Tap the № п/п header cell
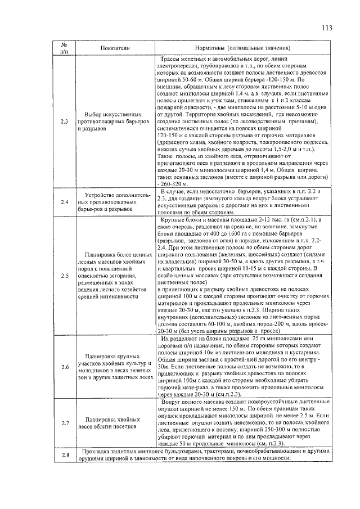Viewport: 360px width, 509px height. tap(64, 48)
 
